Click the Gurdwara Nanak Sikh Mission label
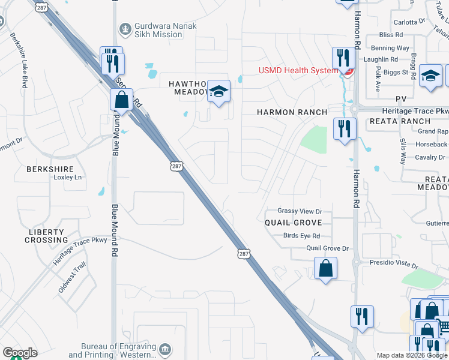tap(158, 30)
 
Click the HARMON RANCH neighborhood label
tap(292, 112)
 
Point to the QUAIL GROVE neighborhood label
tap(294, 223)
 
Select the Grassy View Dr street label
tap(300, 211)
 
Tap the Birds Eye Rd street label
tap(301, 236)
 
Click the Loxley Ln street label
tap(67, 178)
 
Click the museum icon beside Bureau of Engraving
tap(164, 349)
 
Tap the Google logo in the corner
tap(20, 353)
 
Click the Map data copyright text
tap(412, 355)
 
